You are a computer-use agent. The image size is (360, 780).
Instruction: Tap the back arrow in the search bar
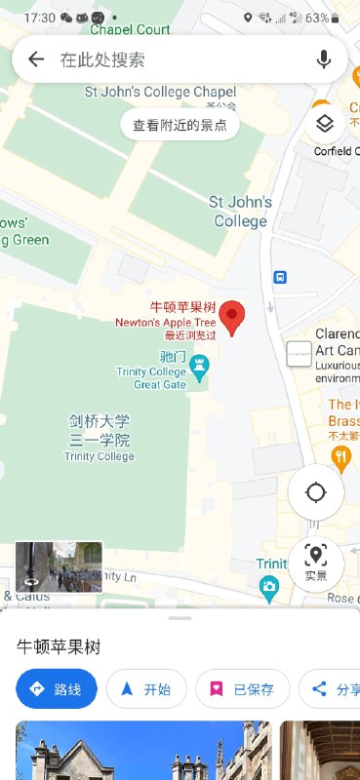tap(36, 59)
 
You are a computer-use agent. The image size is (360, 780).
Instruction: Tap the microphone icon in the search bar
tap(324, 59)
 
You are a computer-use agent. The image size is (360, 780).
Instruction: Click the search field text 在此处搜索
tap(102, 59)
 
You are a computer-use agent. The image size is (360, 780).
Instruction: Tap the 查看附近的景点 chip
tap(180, 125)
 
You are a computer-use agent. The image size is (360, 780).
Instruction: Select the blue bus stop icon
tap(280, 277)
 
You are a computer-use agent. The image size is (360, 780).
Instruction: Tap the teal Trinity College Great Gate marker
tap(200, 368)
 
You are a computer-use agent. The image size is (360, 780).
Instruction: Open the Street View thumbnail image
tap(59, 566)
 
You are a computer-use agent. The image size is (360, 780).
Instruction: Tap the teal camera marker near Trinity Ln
tap(269, 585)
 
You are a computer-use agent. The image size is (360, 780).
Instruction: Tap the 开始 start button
tap(145, 689)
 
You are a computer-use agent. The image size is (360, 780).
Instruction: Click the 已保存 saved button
tap(243, 689)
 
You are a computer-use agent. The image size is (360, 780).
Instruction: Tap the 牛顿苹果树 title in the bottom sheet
tap(60, 646)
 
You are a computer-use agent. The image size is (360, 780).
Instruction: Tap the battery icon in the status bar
tap(337, 18)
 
